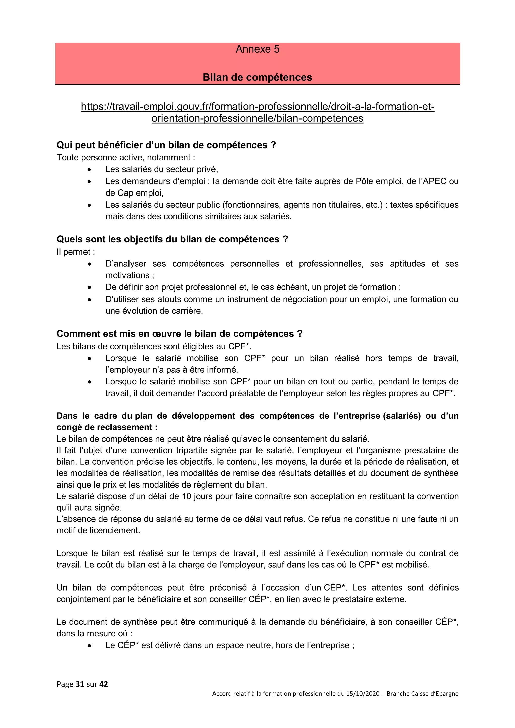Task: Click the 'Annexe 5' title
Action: click(257, 49)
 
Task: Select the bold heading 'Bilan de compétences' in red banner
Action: click(257, 77)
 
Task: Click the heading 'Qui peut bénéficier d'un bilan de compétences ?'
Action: click(166, 145)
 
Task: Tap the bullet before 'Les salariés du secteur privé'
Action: click(90, 170)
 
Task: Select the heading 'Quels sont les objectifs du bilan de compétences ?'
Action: click(172, 239)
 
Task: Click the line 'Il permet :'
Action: click(75, 252)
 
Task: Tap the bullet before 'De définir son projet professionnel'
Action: click(90, 287)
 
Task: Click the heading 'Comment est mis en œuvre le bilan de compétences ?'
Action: click(179, 334)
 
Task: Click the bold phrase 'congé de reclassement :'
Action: click(107, 427)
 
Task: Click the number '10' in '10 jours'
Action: click(187, 496)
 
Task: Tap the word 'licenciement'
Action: click(118, 530)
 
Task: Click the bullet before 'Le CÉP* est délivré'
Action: click(90, 646)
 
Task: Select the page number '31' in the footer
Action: click(80, 684)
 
